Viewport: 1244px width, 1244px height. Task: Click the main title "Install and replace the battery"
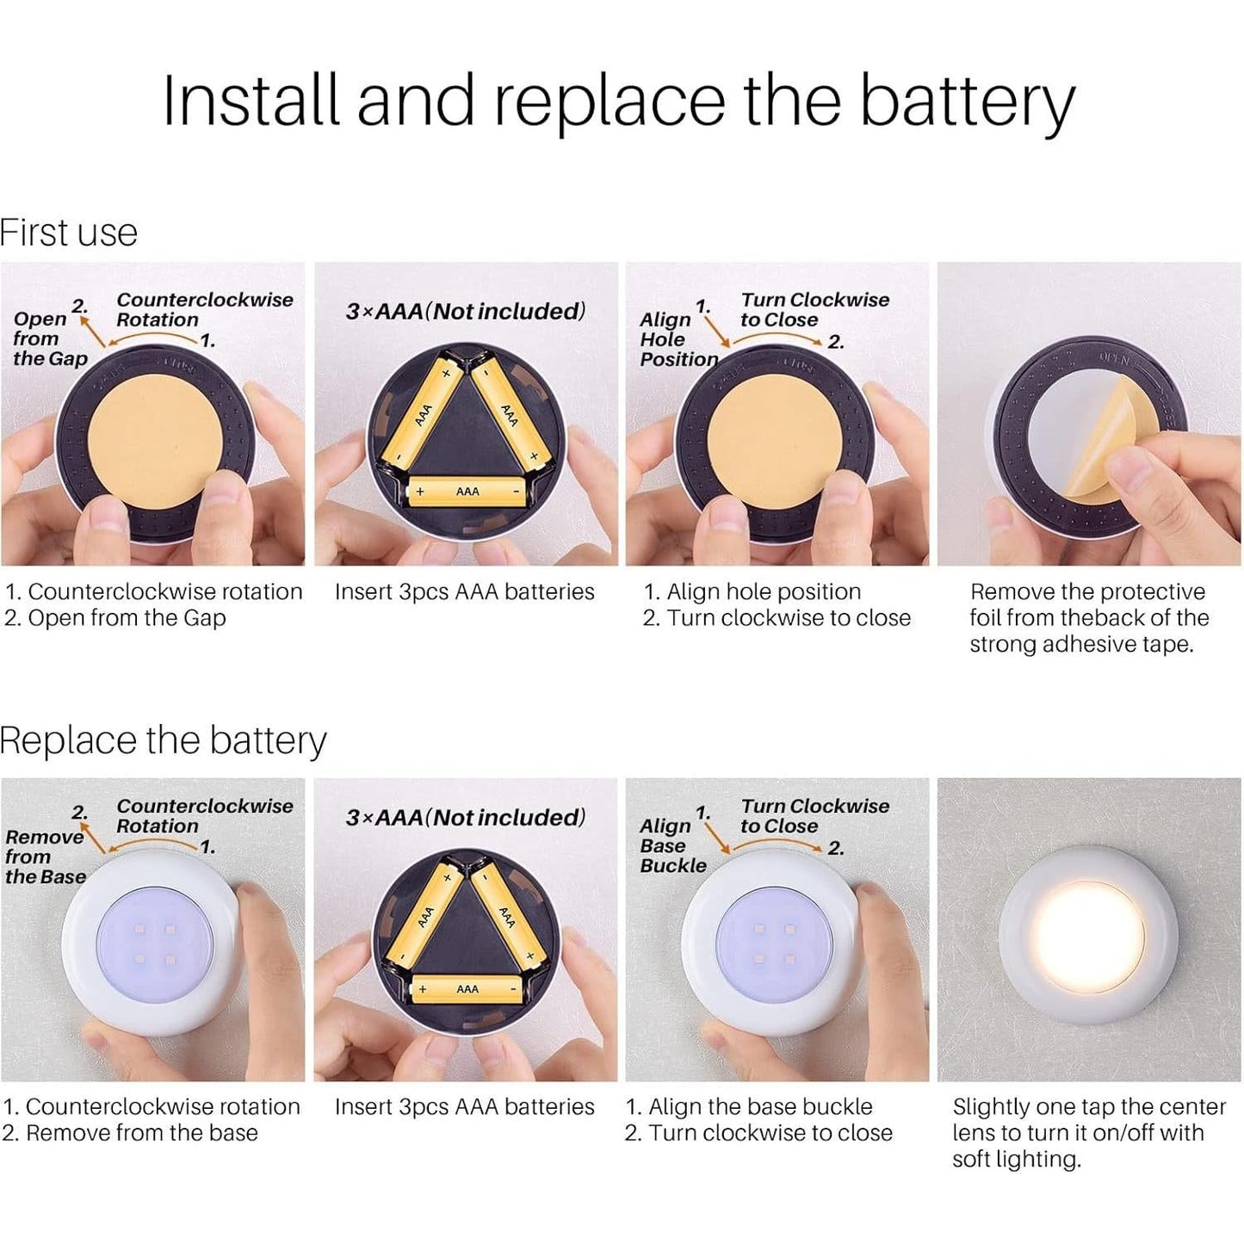click(x=618, y=102)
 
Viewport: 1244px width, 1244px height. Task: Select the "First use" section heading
click(x=69, y=232)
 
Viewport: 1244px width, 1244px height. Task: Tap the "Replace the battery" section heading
click(x=164, y=740)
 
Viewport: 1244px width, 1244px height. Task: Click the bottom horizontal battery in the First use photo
click(x=467, y=492)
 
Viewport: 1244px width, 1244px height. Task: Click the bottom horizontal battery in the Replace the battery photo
click(x=467, y=989)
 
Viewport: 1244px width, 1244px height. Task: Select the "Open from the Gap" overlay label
click(x=49, y=339)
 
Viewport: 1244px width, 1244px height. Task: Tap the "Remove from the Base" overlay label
click(x=45, y=857)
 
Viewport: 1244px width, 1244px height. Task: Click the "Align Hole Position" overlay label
click(x=678, y=339)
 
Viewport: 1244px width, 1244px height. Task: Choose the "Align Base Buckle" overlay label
click(x=672, y=845)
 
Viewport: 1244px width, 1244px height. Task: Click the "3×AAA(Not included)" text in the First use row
click(x=466, y=312)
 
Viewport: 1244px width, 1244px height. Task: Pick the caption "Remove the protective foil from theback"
click(x=1088, y=617)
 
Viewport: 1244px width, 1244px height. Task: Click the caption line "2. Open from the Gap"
click(x=115, y=618)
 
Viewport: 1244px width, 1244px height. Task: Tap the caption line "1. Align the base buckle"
click(x=749, y=1106)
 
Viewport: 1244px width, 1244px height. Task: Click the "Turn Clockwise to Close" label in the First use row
click(x=814, y=310)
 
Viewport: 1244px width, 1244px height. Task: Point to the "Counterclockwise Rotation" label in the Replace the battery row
click(x=204, y=816)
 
